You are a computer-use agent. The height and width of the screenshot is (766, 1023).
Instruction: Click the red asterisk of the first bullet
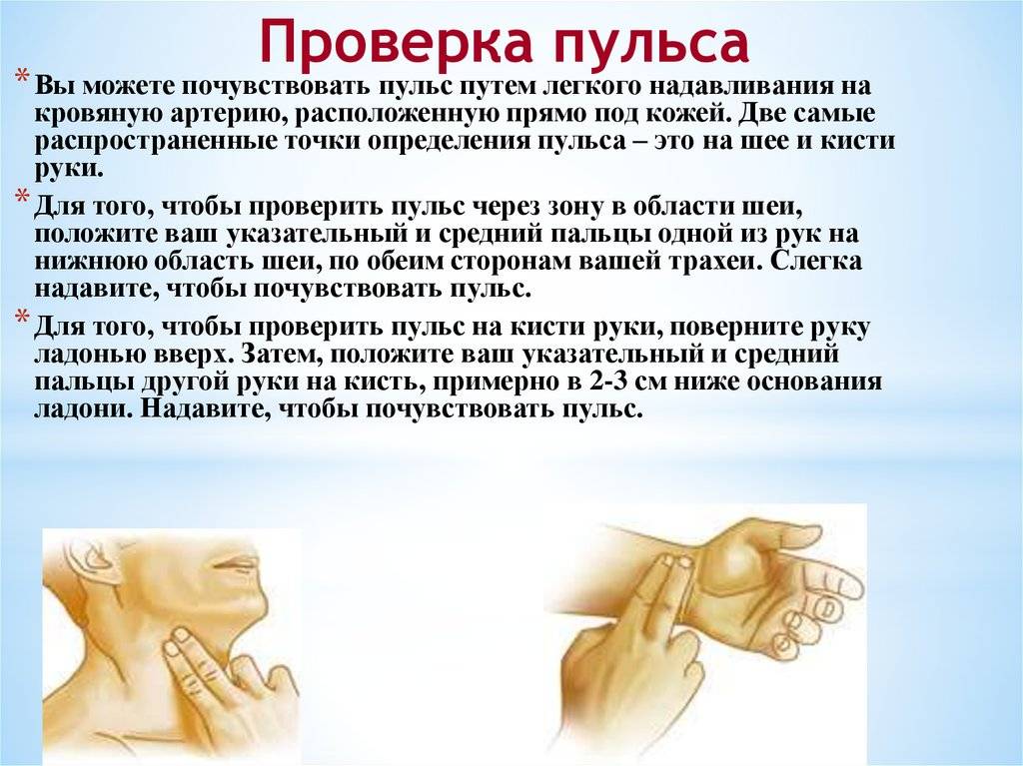pos(23,78)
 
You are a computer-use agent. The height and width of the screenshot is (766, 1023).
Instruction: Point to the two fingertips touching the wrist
pos(674,562)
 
